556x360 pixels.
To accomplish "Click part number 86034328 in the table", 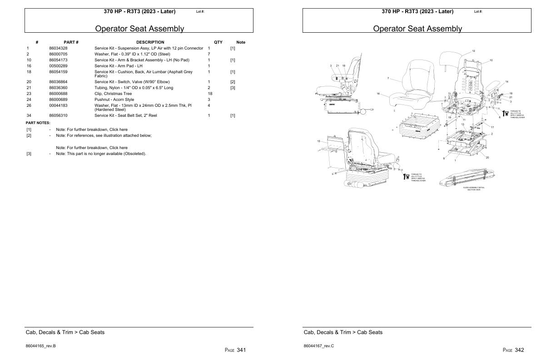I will click(58, 48).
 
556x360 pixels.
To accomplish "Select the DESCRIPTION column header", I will click(150, 42).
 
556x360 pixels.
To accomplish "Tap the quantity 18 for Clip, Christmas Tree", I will click(210, 94).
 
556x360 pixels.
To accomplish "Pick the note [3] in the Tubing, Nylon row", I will click(232, 88).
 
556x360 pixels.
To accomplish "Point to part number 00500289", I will click(58, 66).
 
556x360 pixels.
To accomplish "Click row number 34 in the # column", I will click(29, 115).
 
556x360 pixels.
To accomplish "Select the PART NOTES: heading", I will click(38, 123).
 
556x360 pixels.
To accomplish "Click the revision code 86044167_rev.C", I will click(318, 346).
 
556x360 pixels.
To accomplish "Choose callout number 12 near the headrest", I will click(473, 51).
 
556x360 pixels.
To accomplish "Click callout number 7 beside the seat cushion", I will click(387, 78).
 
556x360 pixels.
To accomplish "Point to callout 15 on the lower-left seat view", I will click(318, 141).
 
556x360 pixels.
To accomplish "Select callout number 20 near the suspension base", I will click(487, 158).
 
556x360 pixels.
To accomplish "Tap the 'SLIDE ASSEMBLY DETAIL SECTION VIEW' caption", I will click(474, 189).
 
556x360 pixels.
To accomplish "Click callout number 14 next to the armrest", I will click(506, 81).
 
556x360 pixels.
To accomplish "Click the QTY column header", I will click(218, 42).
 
